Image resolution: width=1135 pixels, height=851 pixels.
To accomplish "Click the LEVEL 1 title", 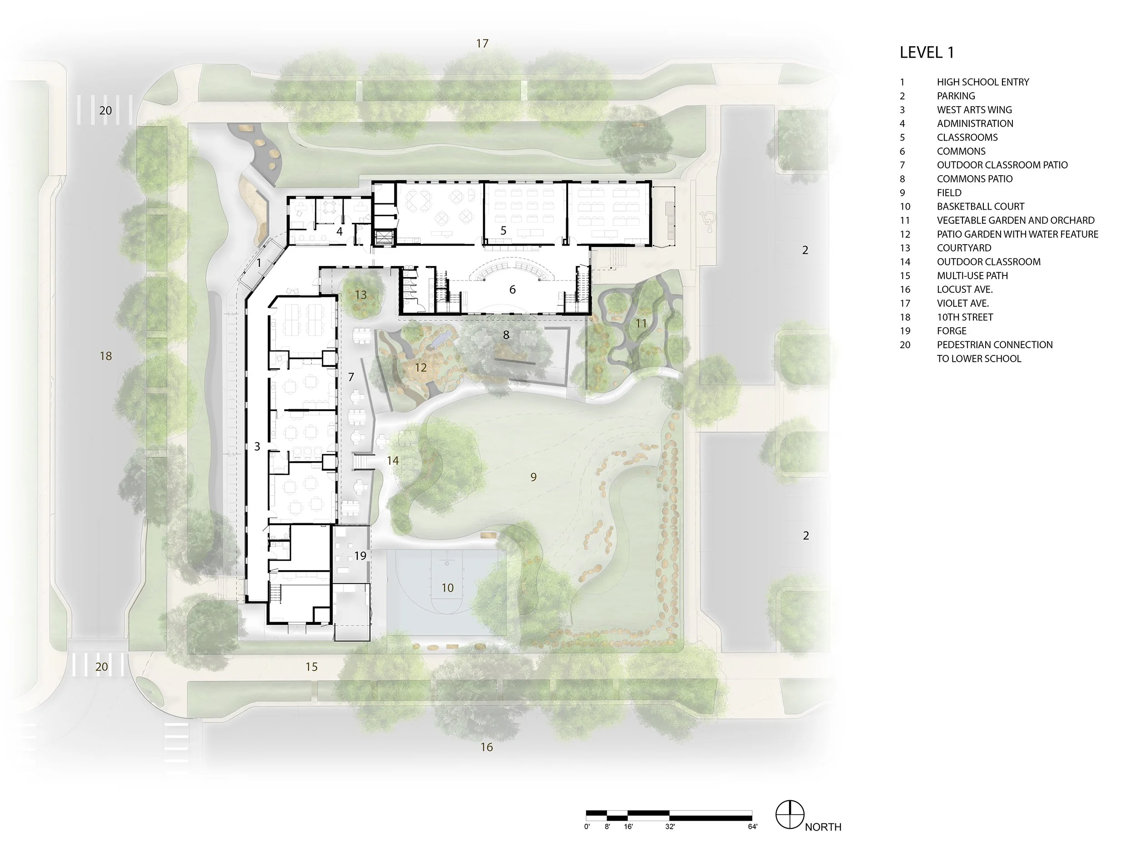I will pos(927,52).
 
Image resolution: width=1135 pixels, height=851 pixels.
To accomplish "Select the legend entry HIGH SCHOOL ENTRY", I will pos(982,82).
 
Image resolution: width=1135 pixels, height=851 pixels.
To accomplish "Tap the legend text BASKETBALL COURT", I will pos(980,206).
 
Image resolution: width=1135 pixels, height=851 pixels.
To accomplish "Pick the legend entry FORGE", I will pos(951,331).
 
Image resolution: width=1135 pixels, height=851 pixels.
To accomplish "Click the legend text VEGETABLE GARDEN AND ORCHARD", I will pos(1016,220).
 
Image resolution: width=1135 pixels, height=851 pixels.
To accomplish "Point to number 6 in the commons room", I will pos(512,290).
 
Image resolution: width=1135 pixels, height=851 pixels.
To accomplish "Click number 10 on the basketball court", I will pos(448,588).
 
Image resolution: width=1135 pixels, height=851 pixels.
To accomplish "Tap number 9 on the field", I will pos(533,477).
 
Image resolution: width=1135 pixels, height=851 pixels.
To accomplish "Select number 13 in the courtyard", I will pos(361,295).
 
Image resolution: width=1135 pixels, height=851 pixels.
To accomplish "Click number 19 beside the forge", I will pos(360,556).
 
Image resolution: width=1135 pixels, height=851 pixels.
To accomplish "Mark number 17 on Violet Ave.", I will pos(482,44).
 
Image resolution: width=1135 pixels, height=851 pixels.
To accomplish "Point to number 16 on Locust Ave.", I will pos(486,748).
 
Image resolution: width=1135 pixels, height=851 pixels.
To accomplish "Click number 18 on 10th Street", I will pos(106,356).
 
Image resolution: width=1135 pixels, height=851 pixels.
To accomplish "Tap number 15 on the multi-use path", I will pos(311,667).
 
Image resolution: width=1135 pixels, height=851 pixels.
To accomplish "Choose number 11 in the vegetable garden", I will pos(641,323).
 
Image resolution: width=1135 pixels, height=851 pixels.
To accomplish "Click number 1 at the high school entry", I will pos(259,263).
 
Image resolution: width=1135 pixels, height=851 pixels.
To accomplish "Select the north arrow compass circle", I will pos(789,814).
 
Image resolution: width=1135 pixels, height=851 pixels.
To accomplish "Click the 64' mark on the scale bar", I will pos(752,826).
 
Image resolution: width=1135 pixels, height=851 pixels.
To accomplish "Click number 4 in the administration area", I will pos(339,232).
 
